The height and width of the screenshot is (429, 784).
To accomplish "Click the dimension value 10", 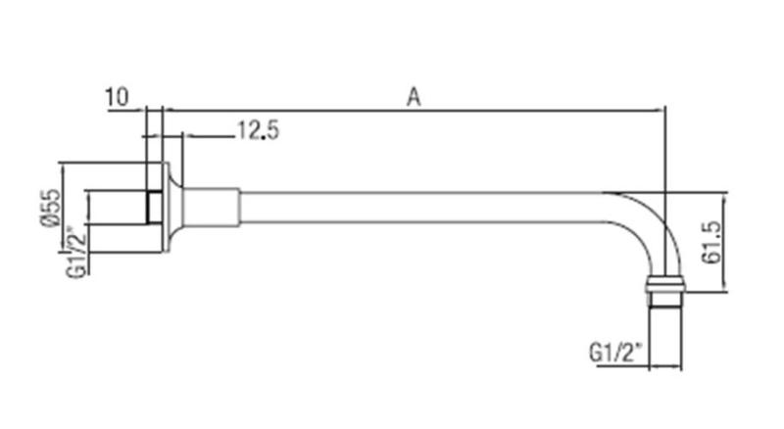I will (x=116, y=96).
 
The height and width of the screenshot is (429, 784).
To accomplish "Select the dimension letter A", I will (x=414, y=96).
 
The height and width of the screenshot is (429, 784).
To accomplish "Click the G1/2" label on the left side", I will (x=73, y=253).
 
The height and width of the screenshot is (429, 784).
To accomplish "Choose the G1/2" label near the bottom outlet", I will (x=615, y=350).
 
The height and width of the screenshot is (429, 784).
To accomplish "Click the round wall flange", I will (x=172, y=207).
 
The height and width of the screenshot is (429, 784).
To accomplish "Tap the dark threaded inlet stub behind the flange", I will (x=152, y=207).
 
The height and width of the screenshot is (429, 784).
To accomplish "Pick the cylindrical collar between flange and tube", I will (x=211, y=207).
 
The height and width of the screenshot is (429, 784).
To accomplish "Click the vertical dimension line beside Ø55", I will (x=64, y=207).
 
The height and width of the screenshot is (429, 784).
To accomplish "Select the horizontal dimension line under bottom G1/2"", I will (x=664, y=368).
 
